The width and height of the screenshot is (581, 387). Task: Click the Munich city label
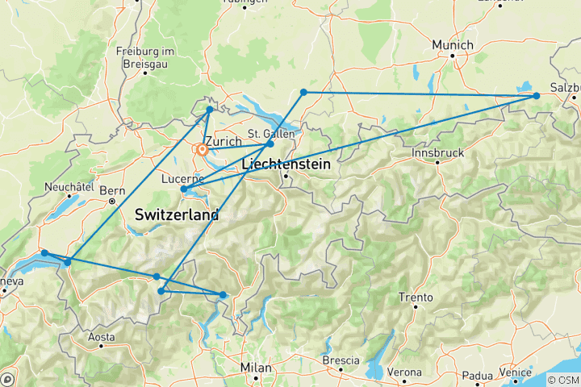(452, 44)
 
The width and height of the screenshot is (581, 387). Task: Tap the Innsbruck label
(437, 152)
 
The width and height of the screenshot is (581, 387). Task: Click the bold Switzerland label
(178, 215)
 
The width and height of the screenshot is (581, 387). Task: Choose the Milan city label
(255, 368)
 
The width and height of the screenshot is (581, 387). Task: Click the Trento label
(416, 298)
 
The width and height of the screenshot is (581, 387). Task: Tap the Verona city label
(404, 372)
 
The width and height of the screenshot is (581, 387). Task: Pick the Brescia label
(339, 360)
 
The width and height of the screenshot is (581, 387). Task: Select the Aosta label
(101, 335)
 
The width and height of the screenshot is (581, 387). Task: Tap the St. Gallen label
(265, 133)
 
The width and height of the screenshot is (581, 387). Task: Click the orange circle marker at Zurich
(202, 149)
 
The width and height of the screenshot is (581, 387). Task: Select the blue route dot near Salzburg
(536, 96)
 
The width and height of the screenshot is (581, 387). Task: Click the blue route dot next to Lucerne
(185, 190)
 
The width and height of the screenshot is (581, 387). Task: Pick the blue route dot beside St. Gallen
(270, 144)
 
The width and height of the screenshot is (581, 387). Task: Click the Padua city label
(476, 376)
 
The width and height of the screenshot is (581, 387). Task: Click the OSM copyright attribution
(562, 380)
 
